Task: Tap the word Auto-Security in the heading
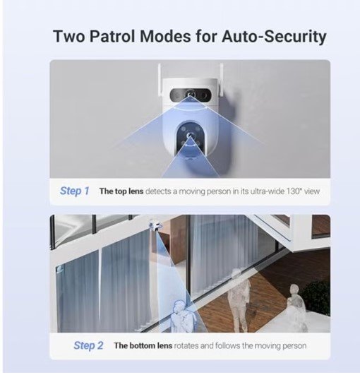(x=274, y=37)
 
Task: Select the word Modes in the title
(x=165, y=36)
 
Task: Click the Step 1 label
(x=74, y=191)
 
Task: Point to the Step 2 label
(x=88, y=345)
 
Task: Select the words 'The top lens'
(x=121, y=191)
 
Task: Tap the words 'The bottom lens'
(x=143, y=346)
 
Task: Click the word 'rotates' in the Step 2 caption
(x=186, y=346)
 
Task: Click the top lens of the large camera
(x=191, y=94)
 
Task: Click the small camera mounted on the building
(x=155, y=225)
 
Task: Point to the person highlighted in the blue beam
(x=182, y=316)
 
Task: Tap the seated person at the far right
(x=296, y=309)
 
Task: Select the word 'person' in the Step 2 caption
(x=294, y=346)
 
